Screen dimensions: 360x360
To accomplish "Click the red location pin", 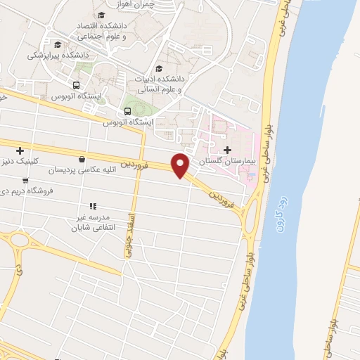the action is (181, 165).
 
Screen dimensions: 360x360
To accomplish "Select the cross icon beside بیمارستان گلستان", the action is (226, 150).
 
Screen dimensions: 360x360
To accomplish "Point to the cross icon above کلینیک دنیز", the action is (20, 150).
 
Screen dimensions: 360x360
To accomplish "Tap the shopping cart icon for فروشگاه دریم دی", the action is (25, 181).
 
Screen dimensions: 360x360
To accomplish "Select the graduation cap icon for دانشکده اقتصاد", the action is (103, 15).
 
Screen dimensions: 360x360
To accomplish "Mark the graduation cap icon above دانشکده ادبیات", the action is (158, 69).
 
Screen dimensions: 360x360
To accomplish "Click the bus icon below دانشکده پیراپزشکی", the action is (76, 85).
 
